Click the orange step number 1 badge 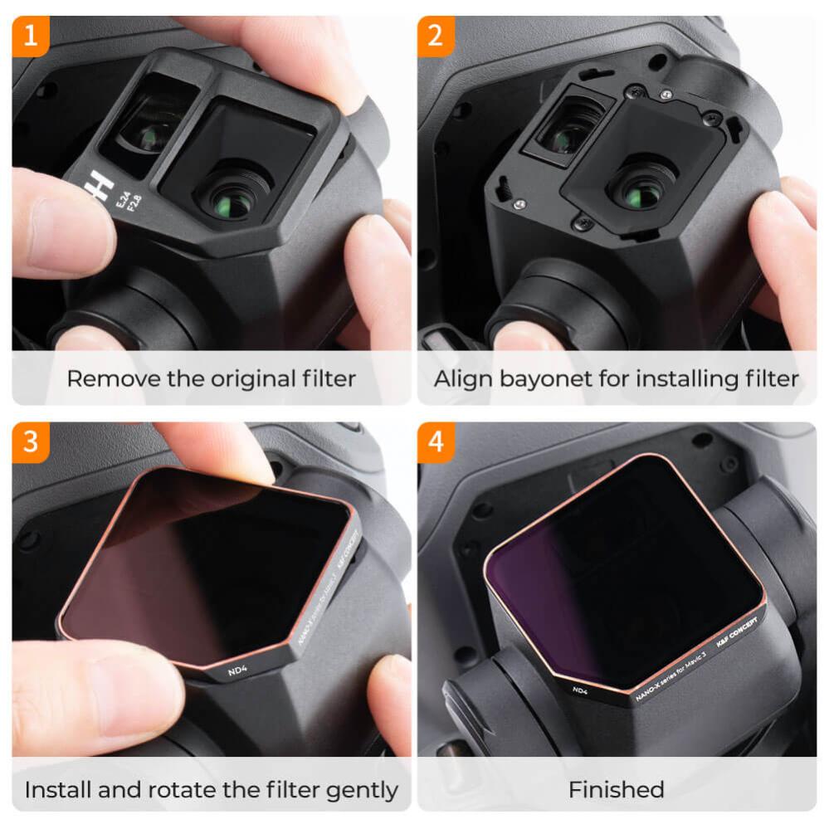(x=32, y=35)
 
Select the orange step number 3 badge (x=32, y=441)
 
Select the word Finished (x=616, y=789)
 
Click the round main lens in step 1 (x=231, y=199)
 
